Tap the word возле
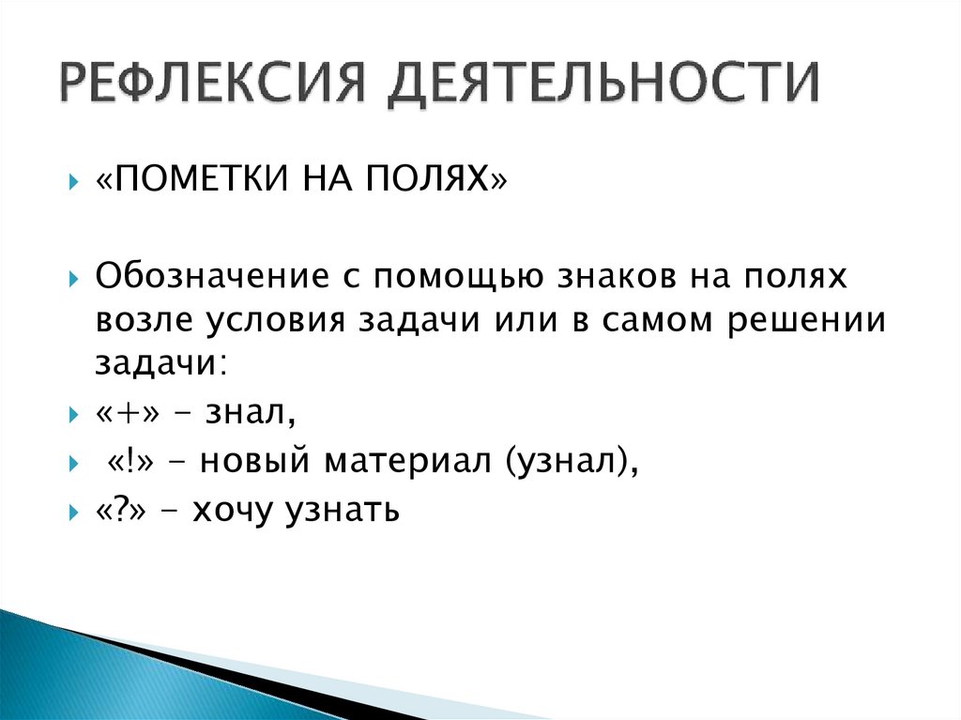(139, 320)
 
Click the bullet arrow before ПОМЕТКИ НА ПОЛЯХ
(74, 179)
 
